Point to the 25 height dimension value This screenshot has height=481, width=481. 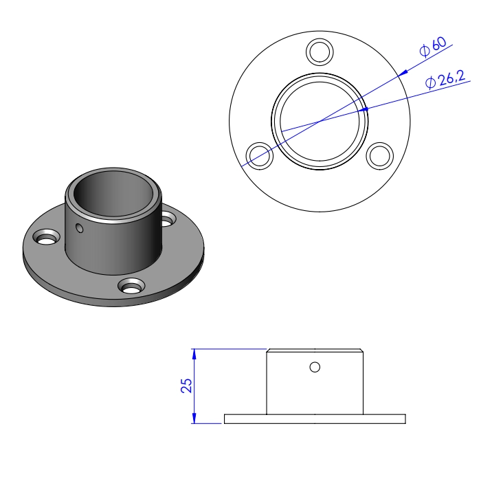click(x=186, y=385)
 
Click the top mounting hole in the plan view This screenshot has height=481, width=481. click(x=319, y=51)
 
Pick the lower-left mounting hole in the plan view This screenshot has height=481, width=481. click(x=258, y=155)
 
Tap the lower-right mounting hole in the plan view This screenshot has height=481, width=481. click(x=379, y=155)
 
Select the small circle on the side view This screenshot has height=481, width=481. click(x=315, y=367)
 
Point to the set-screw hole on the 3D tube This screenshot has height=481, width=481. click(x=80, y=227)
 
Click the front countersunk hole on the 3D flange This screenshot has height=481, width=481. click(x=130, y=284)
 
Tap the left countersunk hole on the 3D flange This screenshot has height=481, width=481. click(x=47, y=238)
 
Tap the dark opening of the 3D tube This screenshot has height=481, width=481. click(x=114, y=194)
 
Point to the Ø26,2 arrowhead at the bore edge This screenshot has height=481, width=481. click(x=366, y=109)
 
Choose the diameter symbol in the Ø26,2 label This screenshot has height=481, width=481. click(x=430, y=84)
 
